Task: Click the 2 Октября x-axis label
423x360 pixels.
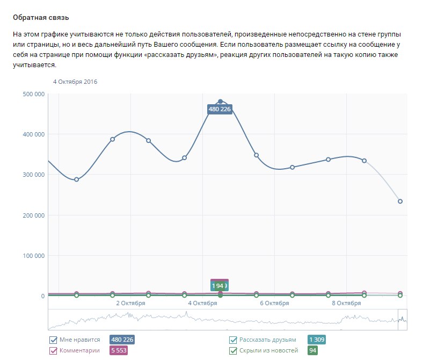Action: point(130,303)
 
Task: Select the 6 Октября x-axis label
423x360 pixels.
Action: point(275,303)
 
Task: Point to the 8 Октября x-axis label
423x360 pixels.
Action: point(347,303)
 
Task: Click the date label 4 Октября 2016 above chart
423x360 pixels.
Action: point(75,82)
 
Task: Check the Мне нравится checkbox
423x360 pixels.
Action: point(53,340)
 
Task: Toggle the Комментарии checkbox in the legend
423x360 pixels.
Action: point(53,351)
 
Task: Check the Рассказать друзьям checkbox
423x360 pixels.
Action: point(233,340)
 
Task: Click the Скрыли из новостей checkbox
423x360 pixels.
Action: point(233,351)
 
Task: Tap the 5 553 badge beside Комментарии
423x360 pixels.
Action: point(118,351)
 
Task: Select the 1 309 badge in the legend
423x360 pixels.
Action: point(316,340)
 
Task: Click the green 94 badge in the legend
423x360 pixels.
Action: point(312,351)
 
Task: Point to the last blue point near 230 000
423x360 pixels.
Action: point(400,201)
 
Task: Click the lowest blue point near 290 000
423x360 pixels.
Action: point(76,179)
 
